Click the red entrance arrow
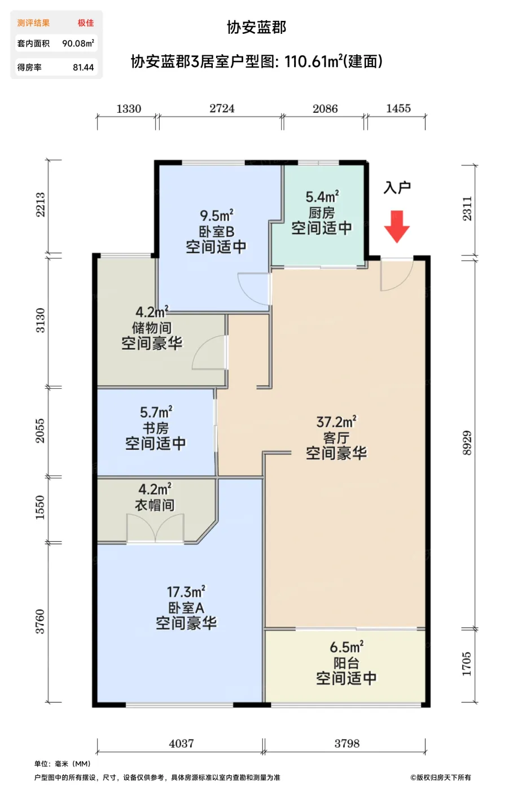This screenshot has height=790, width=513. (x=397, y=226)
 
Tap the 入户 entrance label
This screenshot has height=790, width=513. (x=397, y=187)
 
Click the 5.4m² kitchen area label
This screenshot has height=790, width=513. (x=322, y=197)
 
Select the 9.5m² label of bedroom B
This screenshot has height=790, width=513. (x=216, y=216)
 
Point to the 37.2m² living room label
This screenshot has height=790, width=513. (x=336, y=422)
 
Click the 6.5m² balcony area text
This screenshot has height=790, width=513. (x=346, y=647)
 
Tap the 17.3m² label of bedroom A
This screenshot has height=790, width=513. (x=186, y=592)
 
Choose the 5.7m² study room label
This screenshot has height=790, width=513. (x=156, y=412)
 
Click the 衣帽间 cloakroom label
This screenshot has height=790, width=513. (x=155, y=505)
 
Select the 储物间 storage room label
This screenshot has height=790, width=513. (x=152, y=328)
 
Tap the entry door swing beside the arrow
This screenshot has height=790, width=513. (x=395, y=275)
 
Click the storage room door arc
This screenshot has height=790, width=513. (x=208, y=354)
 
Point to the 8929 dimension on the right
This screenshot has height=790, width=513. (x=467, y=442)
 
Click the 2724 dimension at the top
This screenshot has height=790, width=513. (x=222, y=108)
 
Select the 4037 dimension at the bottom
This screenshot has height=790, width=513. (x=181, y=743)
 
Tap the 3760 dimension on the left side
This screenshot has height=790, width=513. (x=40, y=621)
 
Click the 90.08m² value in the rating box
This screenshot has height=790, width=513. (x=78, y=43)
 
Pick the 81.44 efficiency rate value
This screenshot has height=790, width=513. (x=83, y=67)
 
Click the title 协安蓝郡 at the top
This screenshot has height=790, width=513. (x=256, y=27)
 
